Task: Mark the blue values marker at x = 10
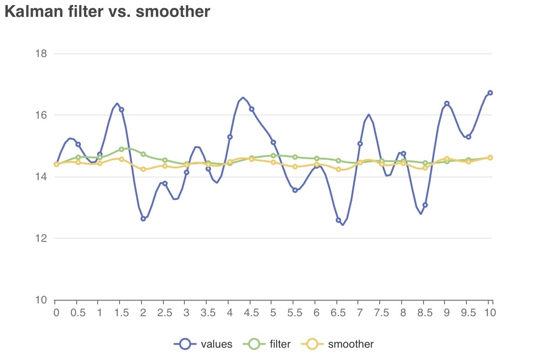tap(490, 93)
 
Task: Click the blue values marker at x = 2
tap(143, 219)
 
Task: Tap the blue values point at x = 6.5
tap(338, 220)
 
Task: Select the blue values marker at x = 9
tap(447, 104)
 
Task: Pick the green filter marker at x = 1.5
tap(121, 149)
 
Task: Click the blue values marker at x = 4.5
tap(251, 109)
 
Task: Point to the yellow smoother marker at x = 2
tap(143, 169)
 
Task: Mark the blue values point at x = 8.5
tap(425, 205)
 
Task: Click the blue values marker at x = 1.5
tap(121, 110)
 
